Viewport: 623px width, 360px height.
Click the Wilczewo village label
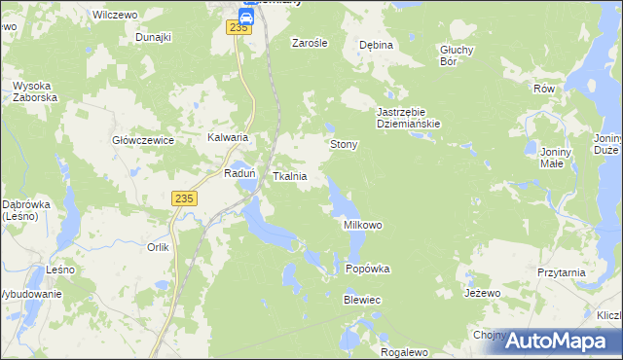112,16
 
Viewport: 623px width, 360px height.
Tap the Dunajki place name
154,37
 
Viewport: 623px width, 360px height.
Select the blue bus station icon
246,15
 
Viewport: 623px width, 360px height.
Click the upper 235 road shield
240,28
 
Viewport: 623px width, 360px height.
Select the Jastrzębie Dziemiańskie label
410,118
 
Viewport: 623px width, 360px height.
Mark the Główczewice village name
143,140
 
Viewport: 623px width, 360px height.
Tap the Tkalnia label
290,177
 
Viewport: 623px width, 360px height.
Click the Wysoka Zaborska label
36,91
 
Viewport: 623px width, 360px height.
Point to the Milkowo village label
363,225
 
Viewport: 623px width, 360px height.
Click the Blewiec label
361,301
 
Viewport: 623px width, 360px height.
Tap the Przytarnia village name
561,273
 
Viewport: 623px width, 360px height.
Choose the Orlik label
159,247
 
